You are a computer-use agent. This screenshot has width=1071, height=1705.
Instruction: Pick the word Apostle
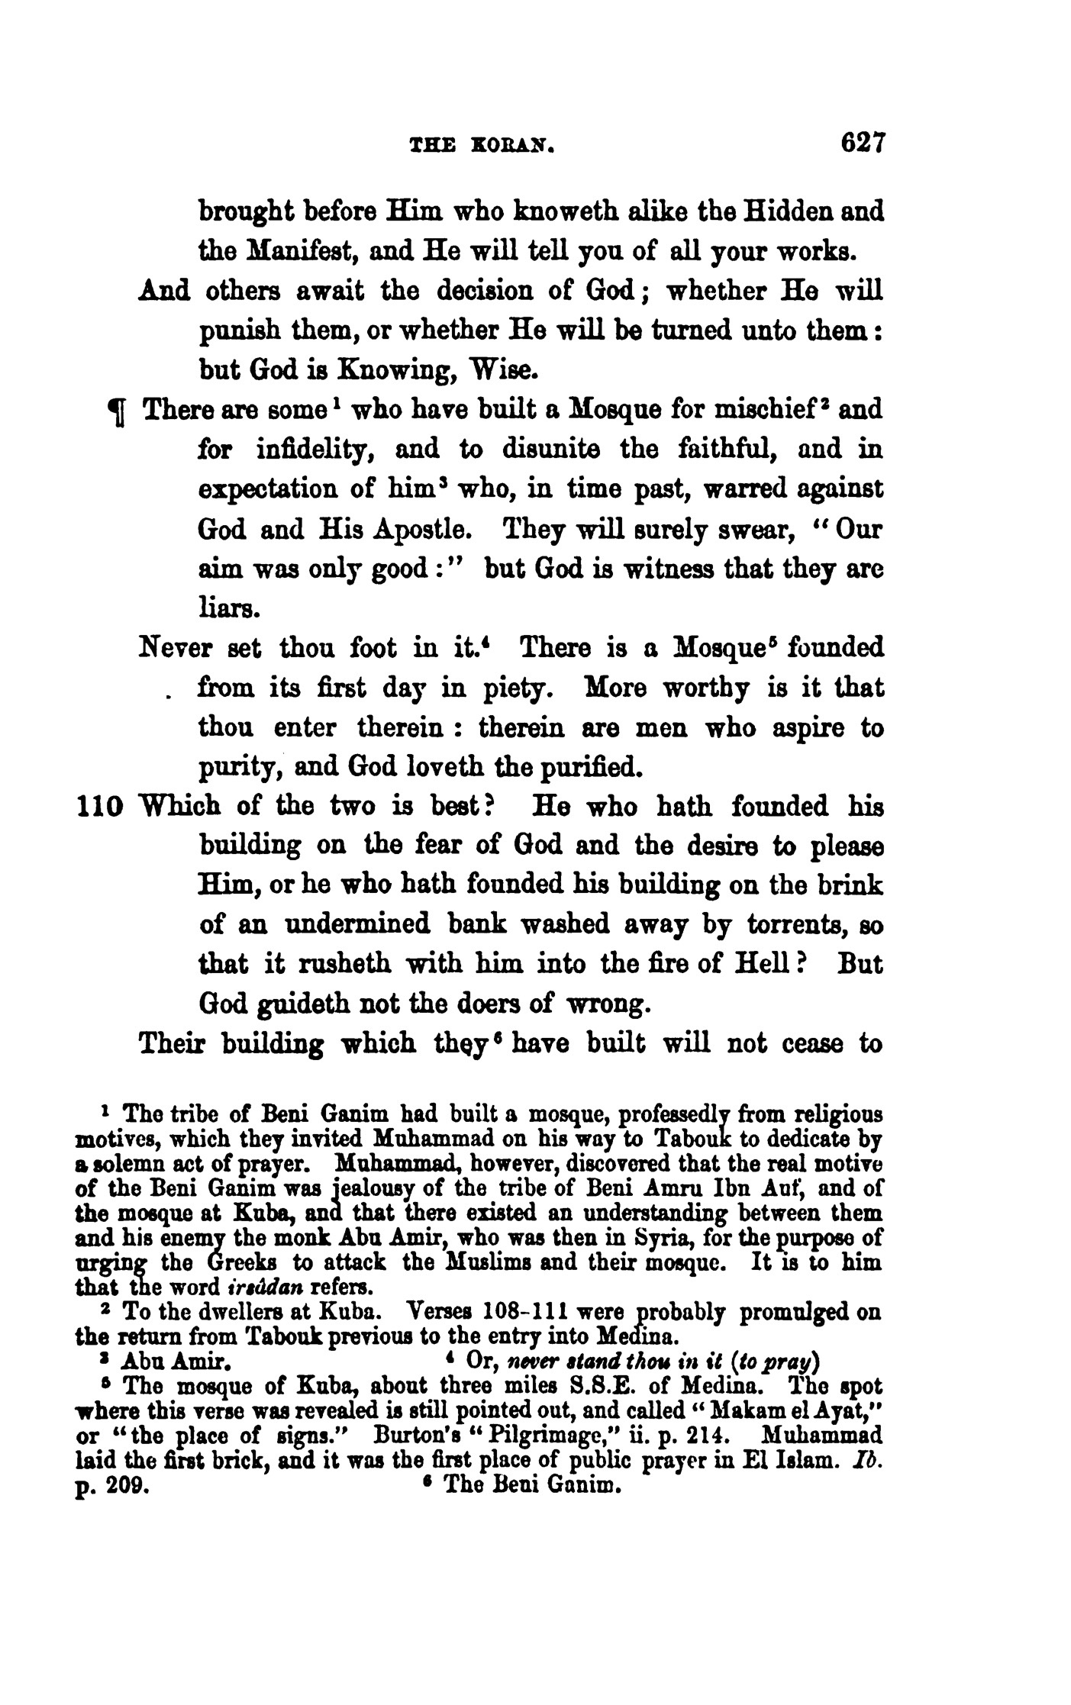[x=427, y=529]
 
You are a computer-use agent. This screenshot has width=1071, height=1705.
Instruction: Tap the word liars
[x=223, y=609]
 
